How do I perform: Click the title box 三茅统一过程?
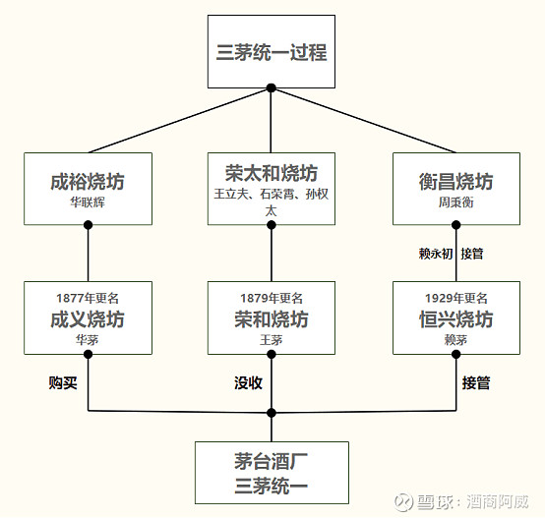[x=272, y=51]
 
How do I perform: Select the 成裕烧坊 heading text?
[x=88, y=182]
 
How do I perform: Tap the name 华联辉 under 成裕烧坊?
[x=88, y=203]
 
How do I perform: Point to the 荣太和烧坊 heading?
[x=271, y=174]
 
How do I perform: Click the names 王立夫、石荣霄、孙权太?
[x=271, y=201]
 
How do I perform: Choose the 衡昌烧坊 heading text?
[x=455, y=182]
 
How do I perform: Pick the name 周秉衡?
[x=455, y=203]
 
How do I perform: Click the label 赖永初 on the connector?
[x=435, y=254]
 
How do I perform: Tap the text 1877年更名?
[x=88, y=298]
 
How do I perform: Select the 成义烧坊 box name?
[x=88, y=319]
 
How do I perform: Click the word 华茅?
[x=88, y=340]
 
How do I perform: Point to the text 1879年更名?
[x=271, y=298]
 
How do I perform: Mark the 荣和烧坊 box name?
[x=271, y=319]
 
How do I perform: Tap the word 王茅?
[x=271, y=340]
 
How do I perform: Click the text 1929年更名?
[x=455, y=298]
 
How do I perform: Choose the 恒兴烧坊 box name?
[x=455, y=319]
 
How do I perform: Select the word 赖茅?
[x=455, y=340]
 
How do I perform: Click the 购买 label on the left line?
[x=63, y=382]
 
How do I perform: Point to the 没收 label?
[x=248, y=382]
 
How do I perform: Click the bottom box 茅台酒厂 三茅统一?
[x=272, y=472]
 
